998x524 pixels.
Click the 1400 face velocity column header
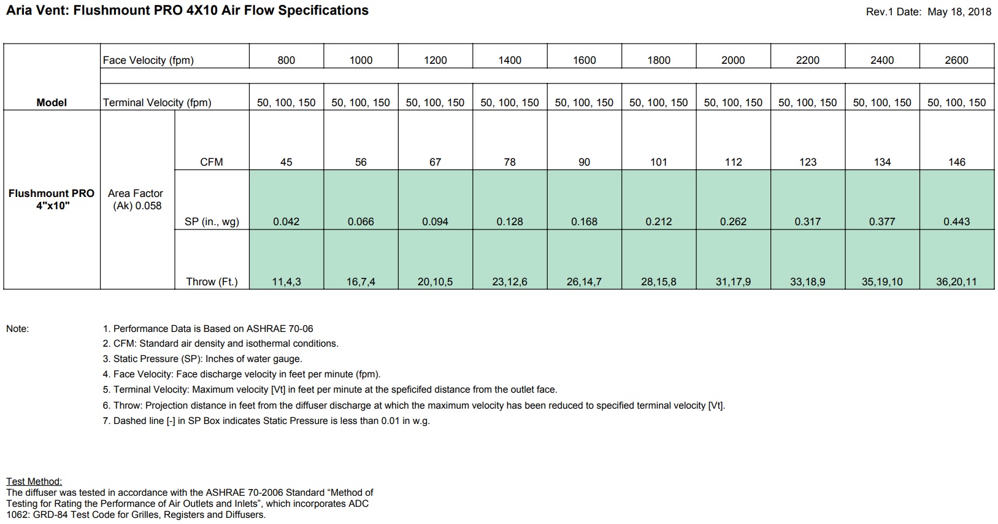pyautogui.click(x=509, y=60)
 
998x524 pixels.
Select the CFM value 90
pyautogui.click(x=584, y=162)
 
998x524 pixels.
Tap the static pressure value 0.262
pyautogui.click(x=733, y=222)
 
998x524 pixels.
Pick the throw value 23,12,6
pyautogui.click(x=509, y=282)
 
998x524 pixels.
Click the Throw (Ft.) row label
pyautogui.click(x=212, y=282)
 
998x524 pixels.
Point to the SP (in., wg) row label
pyautogui.click(x=212, y=222)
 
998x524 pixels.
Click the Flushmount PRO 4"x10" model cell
pyautogui.click(x=52, y=199)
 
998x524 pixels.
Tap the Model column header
pyautogui.click(x=52, y=102)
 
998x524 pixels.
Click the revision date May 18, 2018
pyautogui.click(x=959, y=12)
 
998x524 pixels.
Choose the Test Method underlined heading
pyautogui.click(x=34, y=482)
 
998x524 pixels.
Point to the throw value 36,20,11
pyautogui.click(x=956, y=282)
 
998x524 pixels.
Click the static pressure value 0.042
pyautogui.click(x=286, y=222)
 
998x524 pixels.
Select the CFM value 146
pyautogui.click(x=956, y=162)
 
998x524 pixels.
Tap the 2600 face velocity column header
pyautogui.click(x=956, y=60)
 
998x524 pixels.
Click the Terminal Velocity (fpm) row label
pyautogui.click(x=157, y=102)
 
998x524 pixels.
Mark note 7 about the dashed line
pyautogui.click(x=266, y=421)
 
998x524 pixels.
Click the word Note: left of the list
pyautogui.click(x=17, y=329)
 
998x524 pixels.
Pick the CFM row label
pyautogui.click(x=212, y=162)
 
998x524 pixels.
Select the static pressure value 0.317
pyautogui.click(x=807, y=222)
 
